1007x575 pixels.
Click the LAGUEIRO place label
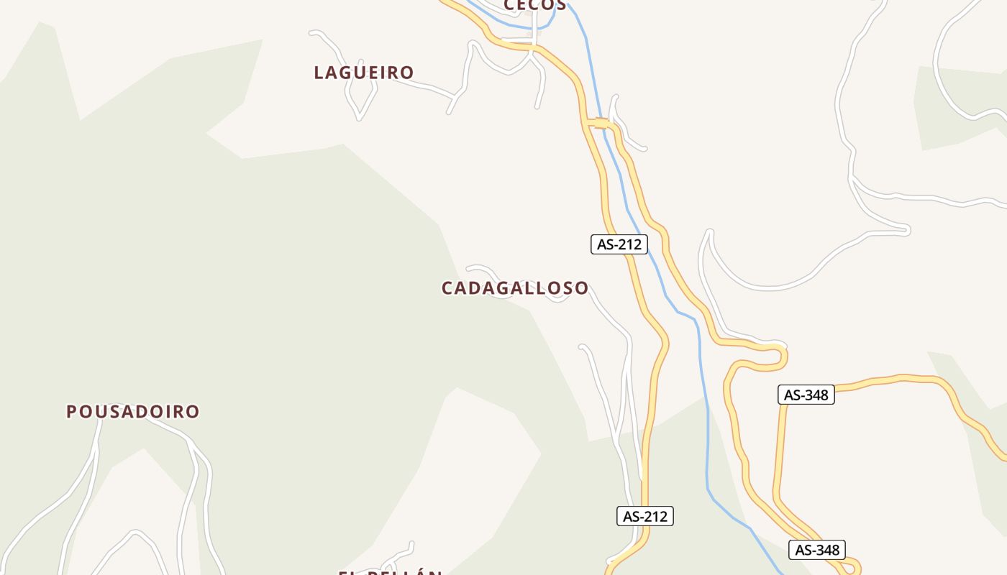tap(364, 73)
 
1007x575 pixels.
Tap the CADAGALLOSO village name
tap(515, 288)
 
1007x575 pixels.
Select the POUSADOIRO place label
tap(133, 412)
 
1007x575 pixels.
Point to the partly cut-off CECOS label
tap(535, 5)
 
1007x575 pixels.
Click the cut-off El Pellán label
tap(391, 572)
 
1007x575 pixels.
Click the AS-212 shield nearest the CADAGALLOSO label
tap(619, 244)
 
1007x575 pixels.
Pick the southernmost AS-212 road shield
tap(645, 516)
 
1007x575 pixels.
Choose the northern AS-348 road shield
tap(806, 395)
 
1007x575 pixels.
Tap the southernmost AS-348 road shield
tap(817, 550)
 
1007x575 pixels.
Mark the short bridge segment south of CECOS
tap(601, 124)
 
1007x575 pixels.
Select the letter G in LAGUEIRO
tap(348, 73)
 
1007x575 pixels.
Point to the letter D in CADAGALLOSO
tap(478, 288)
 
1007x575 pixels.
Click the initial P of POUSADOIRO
tap(71, 412)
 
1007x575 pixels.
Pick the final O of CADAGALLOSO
tap(581, 288)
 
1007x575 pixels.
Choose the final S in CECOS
tap(560, 5)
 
